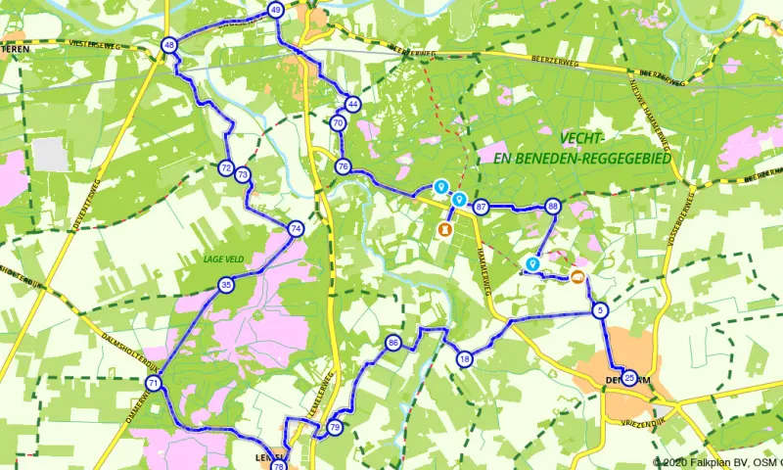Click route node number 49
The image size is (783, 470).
point(275,10)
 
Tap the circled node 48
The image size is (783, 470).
point(169,45)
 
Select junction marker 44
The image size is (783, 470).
point(353,104)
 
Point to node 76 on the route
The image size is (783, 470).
point(343,166)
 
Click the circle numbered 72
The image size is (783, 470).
point(226,168)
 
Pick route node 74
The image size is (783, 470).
point(296,228)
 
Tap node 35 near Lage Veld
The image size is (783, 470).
point(226,285)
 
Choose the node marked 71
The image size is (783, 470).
point(153,383)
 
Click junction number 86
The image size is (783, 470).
point(393,343)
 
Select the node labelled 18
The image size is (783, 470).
point(465,359)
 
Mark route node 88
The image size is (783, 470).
point(553,207)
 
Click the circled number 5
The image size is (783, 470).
point(600,311)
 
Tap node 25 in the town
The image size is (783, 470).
point(628,378)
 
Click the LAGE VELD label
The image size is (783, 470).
point(222,259)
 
